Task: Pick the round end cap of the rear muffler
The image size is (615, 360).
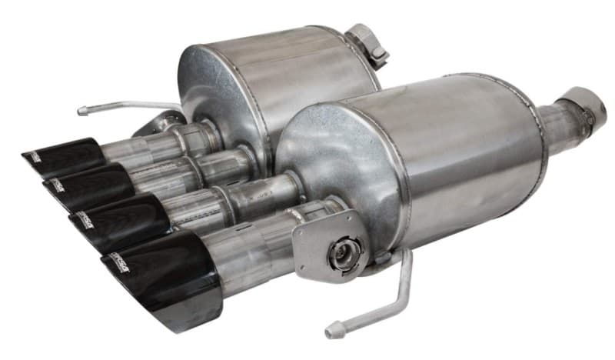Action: pos(219,88)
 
